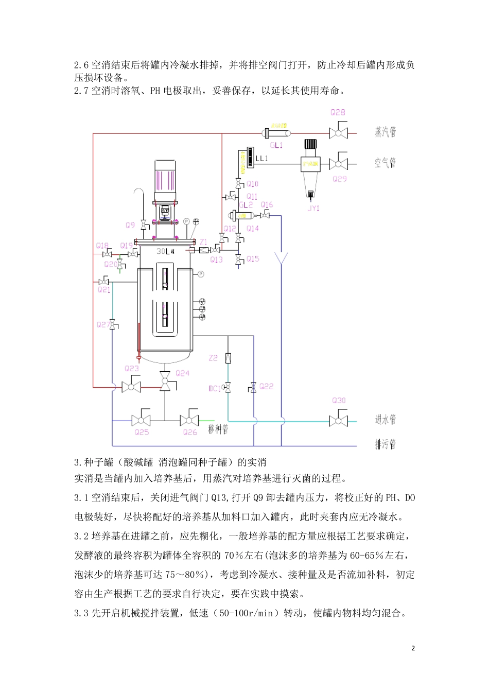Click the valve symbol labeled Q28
(338, 132)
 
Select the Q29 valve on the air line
(338, 164)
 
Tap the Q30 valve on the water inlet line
(338, 420)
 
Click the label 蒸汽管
(385, 132)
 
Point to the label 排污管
(385, 444)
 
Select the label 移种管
(218, 428)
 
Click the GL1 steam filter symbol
(276, 133)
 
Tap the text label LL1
(261, 158)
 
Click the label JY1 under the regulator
(313, 208)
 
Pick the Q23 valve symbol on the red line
(131, 386)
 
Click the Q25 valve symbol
(141, 420)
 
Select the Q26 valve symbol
(189, 420)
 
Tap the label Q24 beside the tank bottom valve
(183, 373)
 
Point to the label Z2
(213, 358)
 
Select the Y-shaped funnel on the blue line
(281, 256)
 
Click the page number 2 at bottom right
(413, 648)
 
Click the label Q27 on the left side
(102, 325)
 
